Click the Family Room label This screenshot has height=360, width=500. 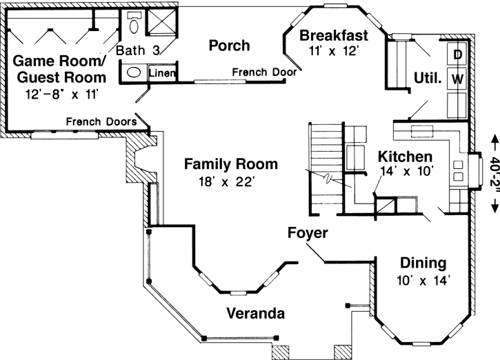point(231,164)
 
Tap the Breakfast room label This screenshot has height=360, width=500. point(334,35)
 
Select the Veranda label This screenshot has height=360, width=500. point(255,314)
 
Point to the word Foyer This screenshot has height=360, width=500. point(308,233)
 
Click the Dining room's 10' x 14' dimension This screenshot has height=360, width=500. point(423,280)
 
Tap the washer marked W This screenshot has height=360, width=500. point(457,79)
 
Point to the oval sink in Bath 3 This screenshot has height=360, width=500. point(134,72)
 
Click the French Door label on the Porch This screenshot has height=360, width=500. point(264,72)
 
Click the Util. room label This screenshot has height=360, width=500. point(428,79)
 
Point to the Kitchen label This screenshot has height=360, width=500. point(406,157)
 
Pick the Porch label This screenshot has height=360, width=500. point(229,46)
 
